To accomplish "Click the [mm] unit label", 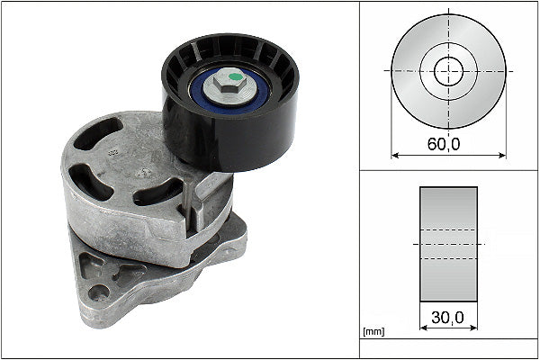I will (x=373, y=332).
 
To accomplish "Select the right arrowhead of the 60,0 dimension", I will (x=501, y=156).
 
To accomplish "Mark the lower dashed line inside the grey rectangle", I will (x=448, y=259).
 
